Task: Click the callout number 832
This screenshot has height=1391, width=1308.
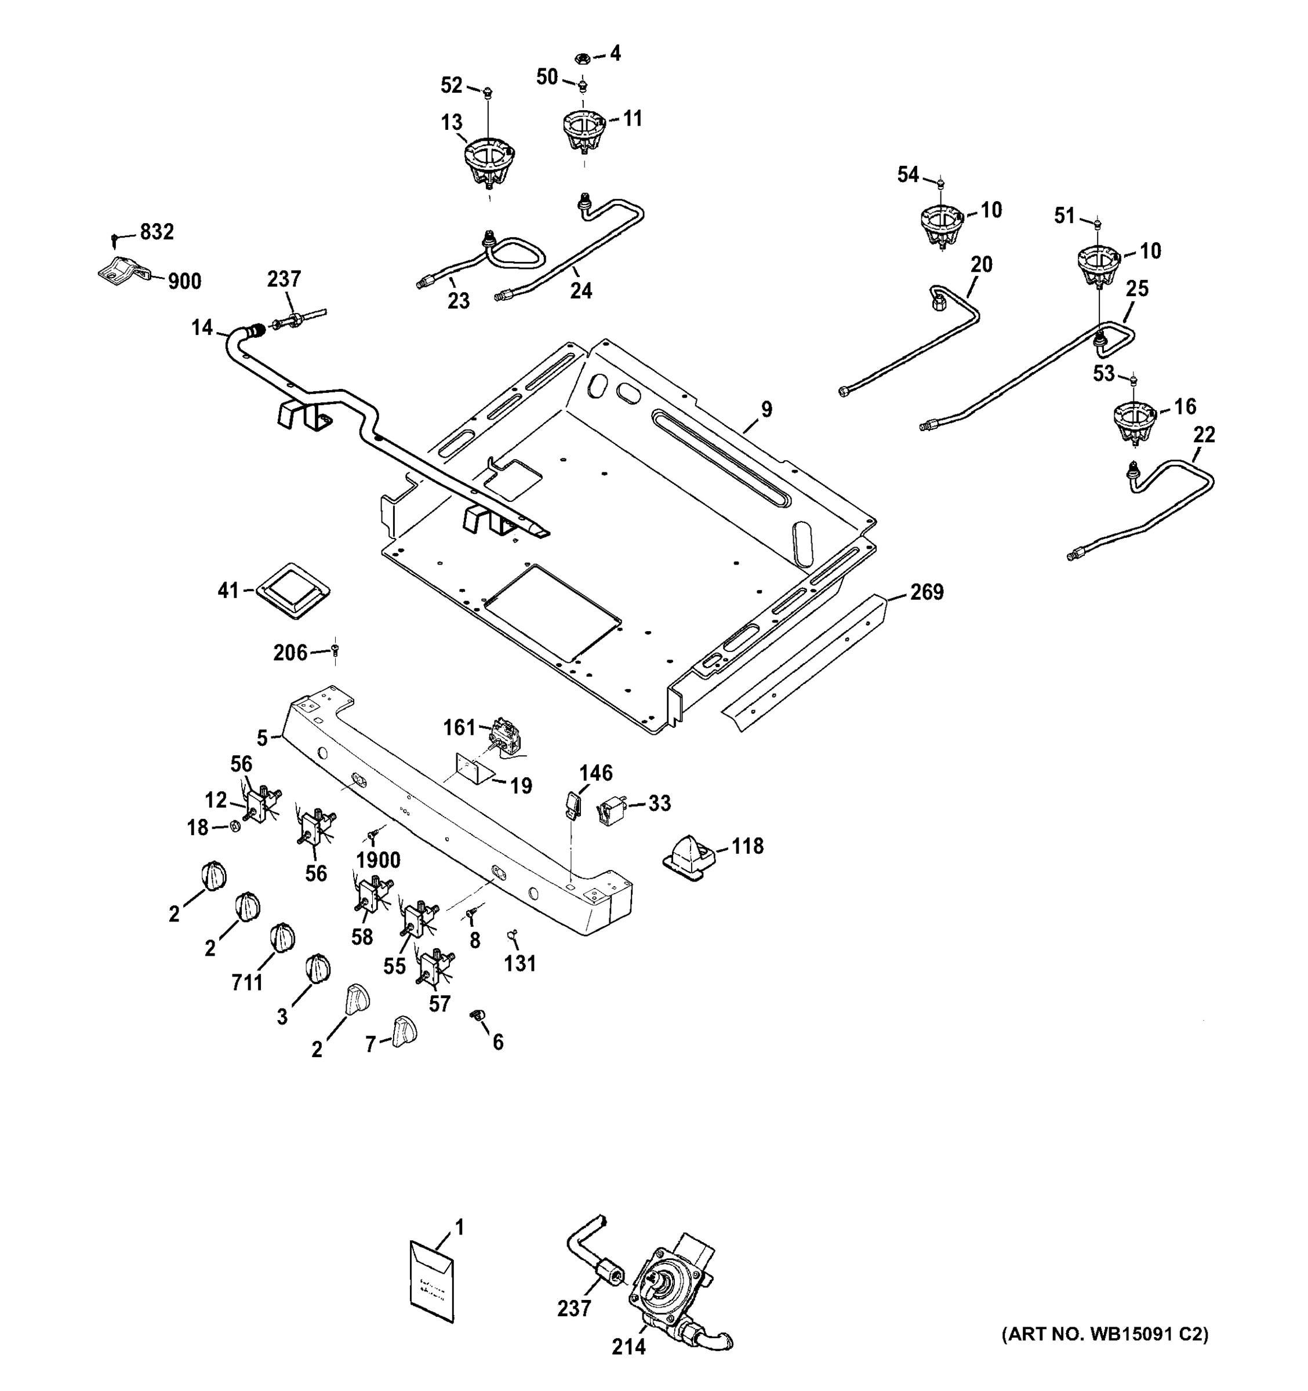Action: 157,232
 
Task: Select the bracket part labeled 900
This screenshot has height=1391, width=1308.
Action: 122,270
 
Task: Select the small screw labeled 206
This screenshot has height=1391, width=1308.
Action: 335,651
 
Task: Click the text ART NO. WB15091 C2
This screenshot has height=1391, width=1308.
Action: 1105,1334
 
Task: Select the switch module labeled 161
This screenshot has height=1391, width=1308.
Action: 507,735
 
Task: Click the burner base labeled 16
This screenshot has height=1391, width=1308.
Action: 1133,422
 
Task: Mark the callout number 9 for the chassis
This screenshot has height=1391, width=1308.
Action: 766,409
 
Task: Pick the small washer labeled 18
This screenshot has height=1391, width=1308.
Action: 236,826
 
